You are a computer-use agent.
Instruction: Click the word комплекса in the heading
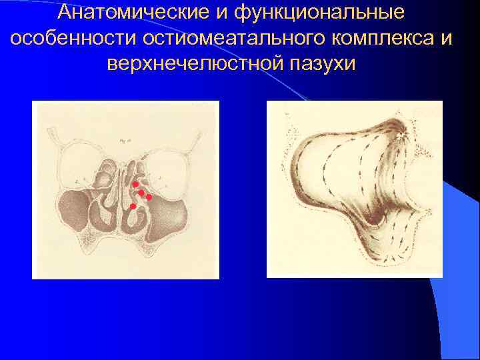click(x=379, y=39)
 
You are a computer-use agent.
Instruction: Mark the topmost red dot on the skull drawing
click(x=135, y=184)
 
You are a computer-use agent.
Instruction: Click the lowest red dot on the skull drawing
click(x=133, y=207)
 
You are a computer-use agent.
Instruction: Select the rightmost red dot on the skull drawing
click(x=149, y=197)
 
